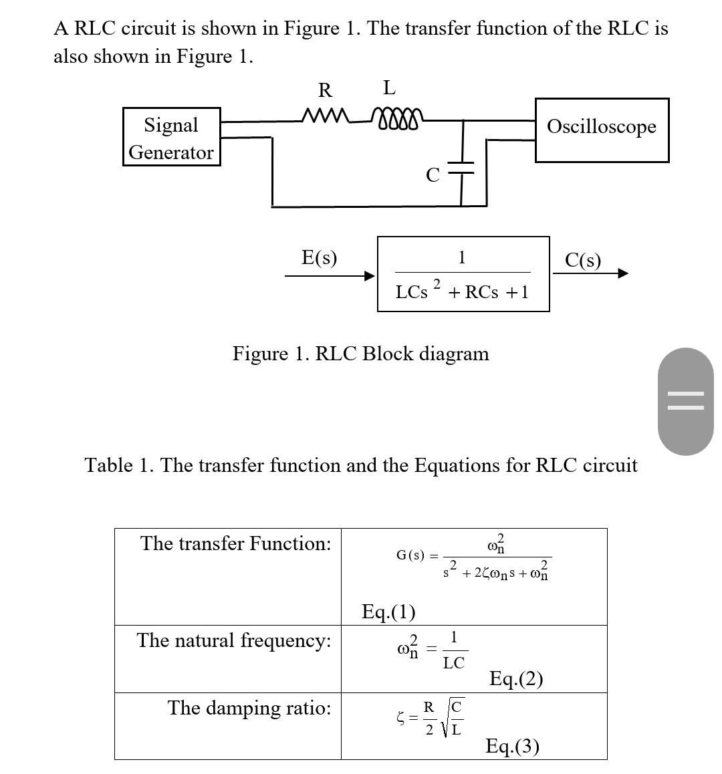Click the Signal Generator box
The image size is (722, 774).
[x=171, y=137]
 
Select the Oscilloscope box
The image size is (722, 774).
[x=601, y=130]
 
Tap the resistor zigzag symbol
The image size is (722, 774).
[x=326, y=117]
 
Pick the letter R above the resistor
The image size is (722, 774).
[x=325, y=90]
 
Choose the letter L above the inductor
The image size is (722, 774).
[x=389, y=88]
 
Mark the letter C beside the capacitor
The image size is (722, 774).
[x=433, y=175]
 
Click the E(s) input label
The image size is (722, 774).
[x=319, y=257]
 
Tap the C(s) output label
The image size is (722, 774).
[x=582, y=260]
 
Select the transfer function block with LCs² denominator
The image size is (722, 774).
[x=463, y=274]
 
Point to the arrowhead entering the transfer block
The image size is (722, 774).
[x=368, y=275]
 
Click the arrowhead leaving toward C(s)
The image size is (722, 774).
[x=622, y=273]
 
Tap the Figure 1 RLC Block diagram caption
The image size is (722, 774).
[x=360, y=354]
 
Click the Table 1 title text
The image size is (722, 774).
[x=360, y=465]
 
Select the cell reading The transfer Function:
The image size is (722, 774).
[x=235, y=544]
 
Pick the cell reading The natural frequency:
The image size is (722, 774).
[x=234, y=641]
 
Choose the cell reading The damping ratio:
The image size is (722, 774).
[x=249, y=708]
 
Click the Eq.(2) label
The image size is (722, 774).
[x=515, y=679]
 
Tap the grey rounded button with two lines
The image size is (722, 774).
[x=685, y=401]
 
